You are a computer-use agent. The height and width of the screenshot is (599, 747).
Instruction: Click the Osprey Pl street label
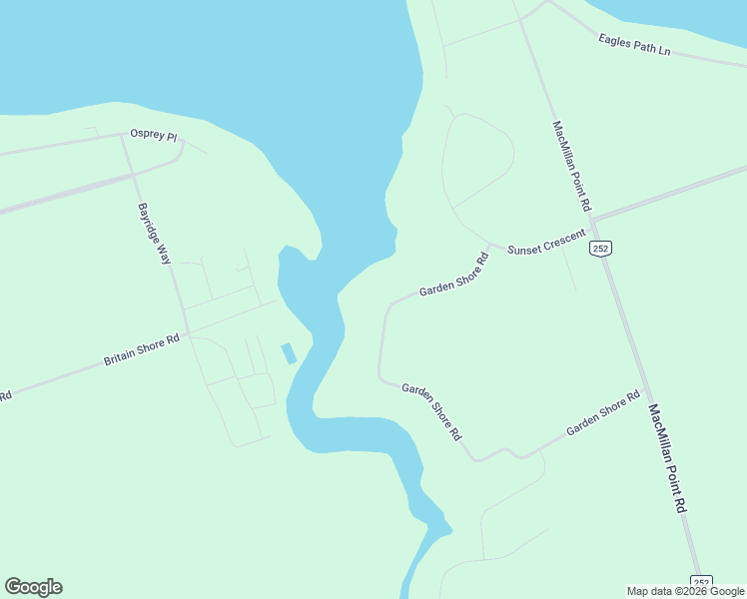[x=153, y=134]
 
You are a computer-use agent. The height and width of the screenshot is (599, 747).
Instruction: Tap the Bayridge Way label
[x=155, y=234]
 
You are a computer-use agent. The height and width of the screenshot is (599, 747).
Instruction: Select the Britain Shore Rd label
[x=142, y=349]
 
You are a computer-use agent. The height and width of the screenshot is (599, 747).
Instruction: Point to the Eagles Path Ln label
[x=634, y=44]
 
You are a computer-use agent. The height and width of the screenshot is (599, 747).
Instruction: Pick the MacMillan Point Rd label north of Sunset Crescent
[x=571, y=166]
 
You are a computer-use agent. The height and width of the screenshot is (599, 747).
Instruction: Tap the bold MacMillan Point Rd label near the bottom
[x=668, y=457]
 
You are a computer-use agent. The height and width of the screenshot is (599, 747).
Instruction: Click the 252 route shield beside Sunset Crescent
[x=599, y=248]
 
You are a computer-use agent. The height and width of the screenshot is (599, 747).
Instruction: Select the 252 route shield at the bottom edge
[x=702, y=583]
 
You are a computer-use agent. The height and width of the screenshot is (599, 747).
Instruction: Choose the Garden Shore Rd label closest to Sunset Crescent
[x=454, y=275]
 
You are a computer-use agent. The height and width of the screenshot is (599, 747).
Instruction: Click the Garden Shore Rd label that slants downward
[x=431, y=411]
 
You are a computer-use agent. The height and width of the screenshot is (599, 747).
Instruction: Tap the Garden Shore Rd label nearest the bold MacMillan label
[x=602, y=413]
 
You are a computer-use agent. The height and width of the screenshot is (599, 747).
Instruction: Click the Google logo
[x=33, y=587]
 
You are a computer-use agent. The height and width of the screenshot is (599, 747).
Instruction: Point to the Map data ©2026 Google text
[x=685, y=591]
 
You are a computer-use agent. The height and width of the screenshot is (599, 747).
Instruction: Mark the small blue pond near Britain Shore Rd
[x=289, y=353]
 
